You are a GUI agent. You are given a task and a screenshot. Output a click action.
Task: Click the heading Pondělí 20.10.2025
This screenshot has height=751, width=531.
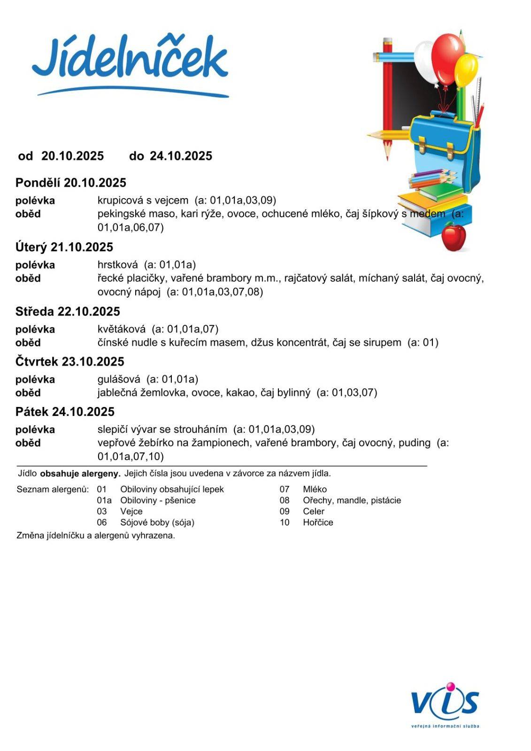[x=71, y=183]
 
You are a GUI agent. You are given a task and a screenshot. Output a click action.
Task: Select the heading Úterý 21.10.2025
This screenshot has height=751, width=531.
[x=64, y=247]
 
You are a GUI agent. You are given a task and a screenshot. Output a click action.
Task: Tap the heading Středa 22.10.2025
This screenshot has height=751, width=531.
[x=68, y=311]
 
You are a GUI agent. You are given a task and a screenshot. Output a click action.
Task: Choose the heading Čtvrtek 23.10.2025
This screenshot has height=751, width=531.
[x=70, y=361]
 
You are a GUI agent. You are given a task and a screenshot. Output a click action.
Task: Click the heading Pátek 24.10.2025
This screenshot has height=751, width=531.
[x=65, y=412]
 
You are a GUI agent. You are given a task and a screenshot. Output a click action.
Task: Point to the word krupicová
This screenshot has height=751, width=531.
[x=120, y=200]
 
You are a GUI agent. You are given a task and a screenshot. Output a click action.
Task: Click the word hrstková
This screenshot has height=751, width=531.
[x=118, y=265]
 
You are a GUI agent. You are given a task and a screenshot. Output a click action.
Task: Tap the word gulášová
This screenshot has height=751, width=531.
[x=119, y=379]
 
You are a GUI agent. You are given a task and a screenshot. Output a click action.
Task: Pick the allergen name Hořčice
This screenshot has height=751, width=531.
[x=318, y=522]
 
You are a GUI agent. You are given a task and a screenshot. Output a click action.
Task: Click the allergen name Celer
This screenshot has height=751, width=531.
[x=314, y=511]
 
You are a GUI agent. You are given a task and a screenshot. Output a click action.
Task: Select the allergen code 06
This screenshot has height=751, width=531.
[x=102, y=522]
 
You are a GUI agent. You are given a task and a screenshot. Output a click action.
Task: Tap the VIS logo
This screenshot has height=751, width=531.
[x=445, y=701]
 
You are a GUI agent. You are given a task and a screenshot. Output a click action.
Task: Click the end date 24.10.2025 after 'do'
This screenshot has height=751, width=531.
[x=181, y=156]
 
